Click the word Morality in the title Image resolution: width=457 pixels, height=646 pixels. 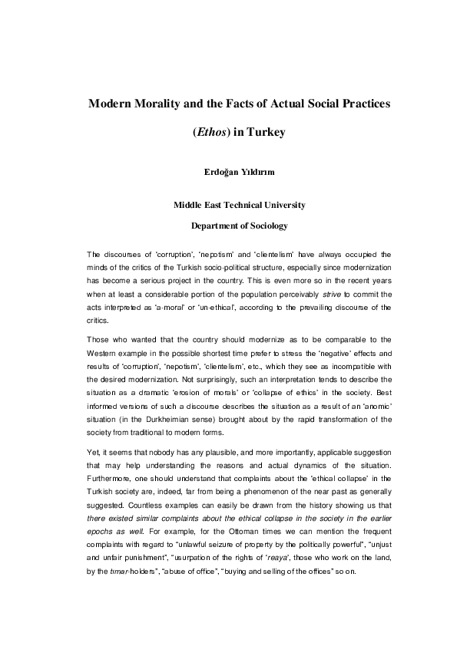click(164, 103)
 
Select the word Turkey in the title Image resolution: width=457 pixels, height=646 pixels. click(265, 132)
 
